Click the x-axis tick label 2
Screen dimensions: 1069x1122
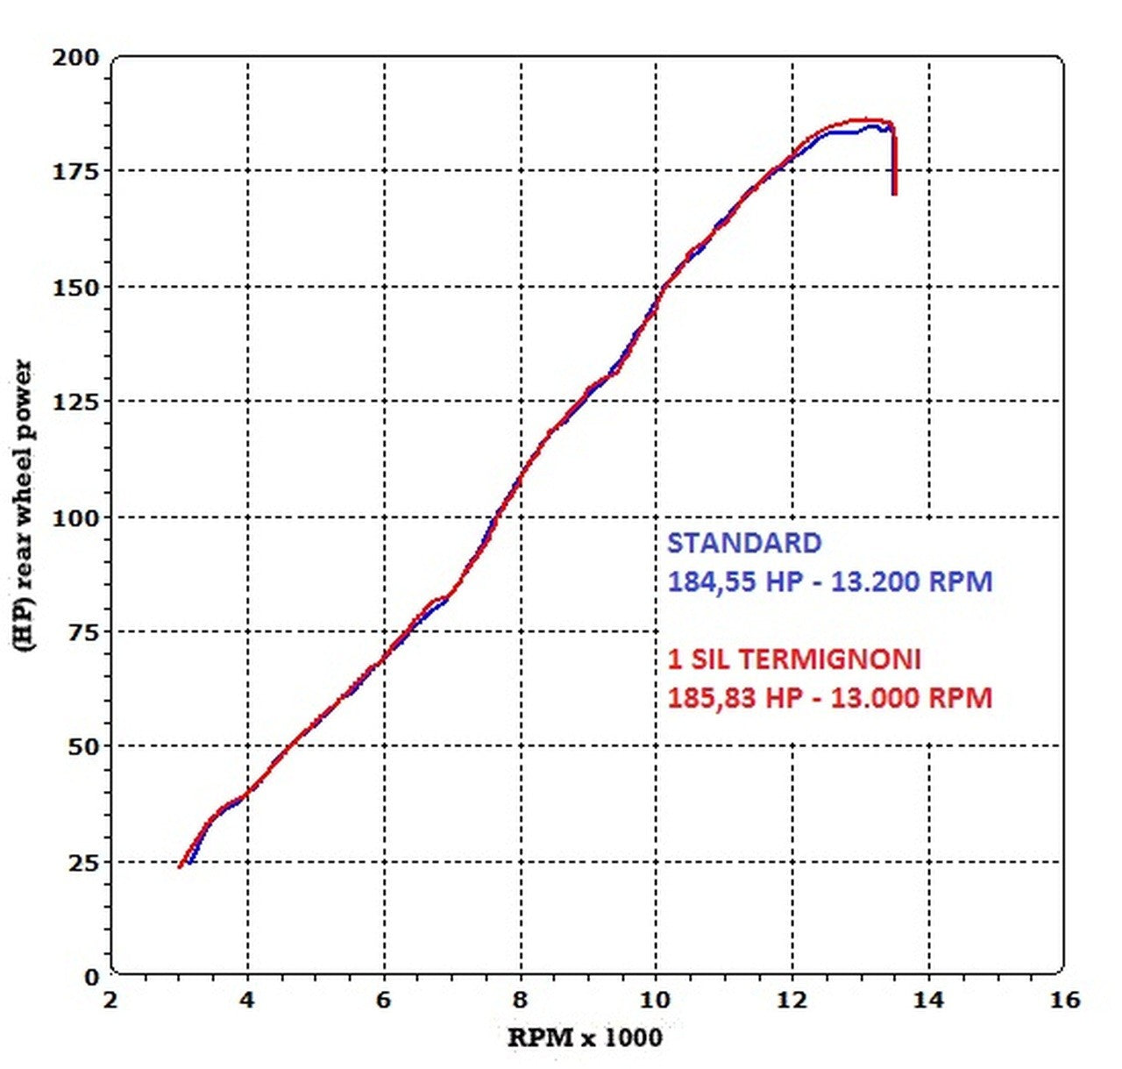click(x=110, y=1000)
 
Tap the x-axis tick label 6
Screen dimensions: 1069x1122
click(x=385, y=1000)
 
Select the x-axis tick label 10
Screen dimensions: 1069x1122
click(x=656, y=1000)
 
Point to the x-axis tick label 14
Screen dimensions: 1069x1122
click(x=928, y=1000)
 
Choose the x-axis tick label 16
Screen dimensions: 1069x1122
click(x=1064, y=1000)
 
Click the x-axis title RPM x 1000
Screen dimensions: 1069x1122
click(x=586, y=1038)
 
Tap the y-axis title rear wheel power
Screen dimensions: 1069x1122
click(x=24, y=504)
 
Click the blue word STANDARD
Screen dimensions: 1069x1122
click(x=744, y=544)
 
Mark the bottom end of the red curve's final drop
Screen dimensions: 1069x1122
click(x=895, y=194)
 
